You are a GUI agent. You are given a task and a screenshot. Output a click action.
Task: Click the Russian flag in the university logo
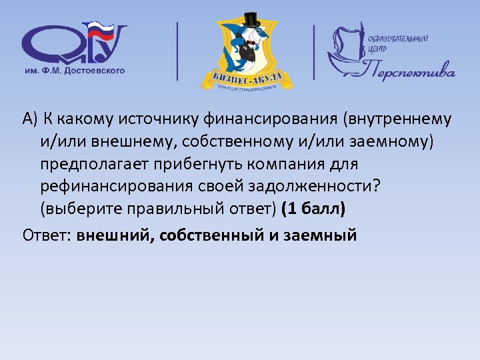(x=101, y=31)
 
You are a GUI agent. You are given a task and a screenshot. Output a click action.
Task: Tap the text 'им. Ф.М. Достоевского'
(x=74, y=70)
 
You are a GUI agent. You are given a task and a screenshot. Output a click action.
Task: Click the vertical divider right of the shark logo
(x=315, y=52)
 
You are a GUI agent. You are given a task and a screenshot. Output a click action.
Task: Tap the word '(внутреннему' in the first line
(x=394, y=119)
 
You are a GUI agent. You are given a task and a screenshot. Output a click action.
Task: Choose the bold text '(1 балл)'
(x=313, y=208)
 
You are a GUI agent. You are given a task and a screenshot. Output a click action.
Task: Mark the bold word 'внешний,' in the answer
(x=115, y=235)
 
